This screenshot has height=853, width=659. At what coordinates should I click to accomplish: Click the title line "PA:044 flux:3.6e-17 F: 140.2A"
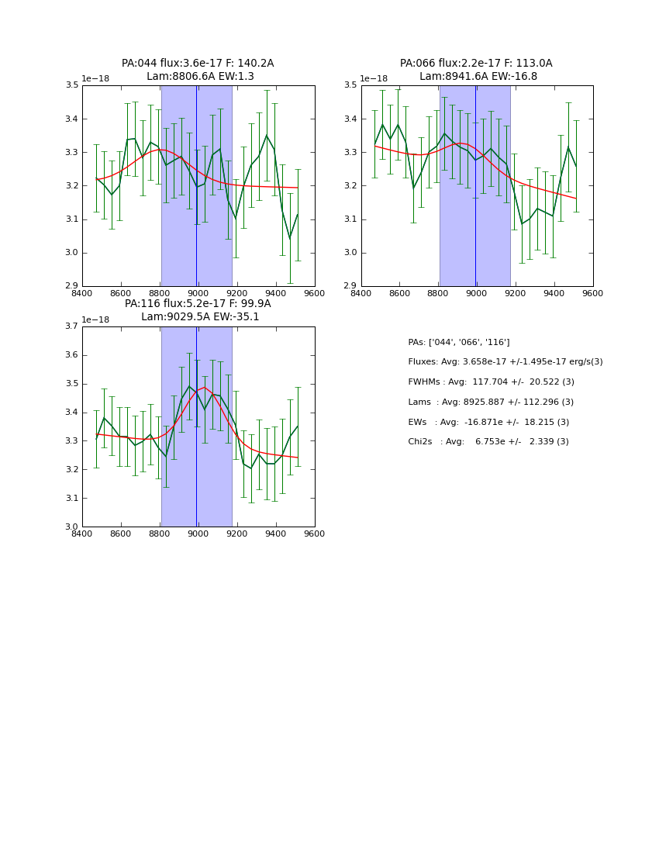198,64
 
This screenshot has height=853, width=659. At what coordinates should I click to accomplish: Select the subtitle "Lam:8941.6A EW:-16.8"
478,77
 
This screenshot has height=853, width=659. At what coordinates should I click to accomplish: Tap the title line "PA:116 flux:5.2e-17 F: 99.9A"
198,304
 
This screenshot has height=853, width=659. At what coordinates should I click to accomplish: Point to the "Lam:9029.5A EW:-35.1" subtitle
200,317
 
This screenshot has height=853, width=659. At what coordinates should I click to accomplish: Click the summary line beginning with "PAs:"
459,342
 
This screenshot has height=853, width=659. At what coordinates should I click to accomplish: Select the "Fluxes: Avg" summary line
505,362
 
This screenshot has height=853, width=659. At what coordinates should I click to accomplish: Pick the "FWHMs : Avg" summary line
491,382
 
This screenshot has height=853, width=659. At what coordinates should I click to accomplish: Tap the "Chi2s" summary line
488,442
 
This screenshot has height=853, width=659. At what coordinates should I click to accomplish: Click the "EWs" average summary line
488,422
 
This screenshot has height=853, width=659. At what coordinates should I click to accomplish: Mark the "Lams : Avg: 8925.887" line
491,402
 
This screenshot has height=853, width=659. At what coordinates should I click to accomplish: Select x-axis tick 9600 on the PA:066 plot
592,293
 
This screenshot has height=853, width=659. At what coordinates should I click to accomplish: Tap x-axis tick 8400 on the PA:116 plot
82,534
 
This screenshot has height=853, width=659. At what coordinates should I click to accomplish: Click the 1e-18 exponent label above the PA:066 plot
374,79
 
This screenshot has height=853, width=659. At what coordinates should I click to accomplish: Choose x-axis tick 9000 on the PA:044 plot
198,293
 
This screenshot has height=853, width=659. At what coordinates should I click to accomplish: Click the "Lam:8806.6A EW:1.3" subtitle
200,77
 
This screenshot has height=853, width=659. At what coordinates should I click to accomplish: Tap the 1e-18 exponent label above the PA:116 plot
95,320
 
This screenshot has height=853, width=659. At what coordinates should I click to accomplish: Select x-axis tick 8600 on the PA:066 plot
399,293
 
